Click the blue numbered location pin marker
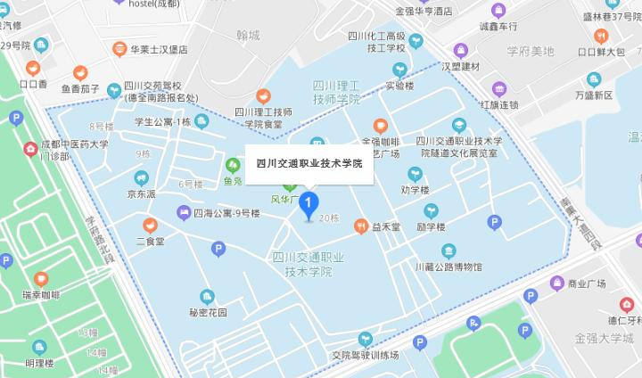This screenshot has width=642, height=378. (x=309, y=205)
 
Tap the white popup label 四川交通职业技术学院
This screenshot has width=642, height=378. (x=309, y=163)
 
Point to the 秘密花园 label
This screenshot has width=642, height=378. (x=208, y=312)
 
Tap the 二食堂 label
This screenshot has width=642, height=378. (x=150, y=241)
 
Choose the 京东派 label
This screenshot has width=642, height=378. (x=141, y=193)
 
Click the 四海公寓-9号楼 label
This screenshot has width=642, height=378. (x=226, y=213)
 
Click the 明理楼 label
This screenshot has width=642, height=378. (x=41, y=362)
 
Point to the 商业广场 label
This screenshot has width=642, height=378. (x=586, y=283)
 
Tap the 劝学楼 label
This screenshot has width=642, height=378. (x=415, y=189)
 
